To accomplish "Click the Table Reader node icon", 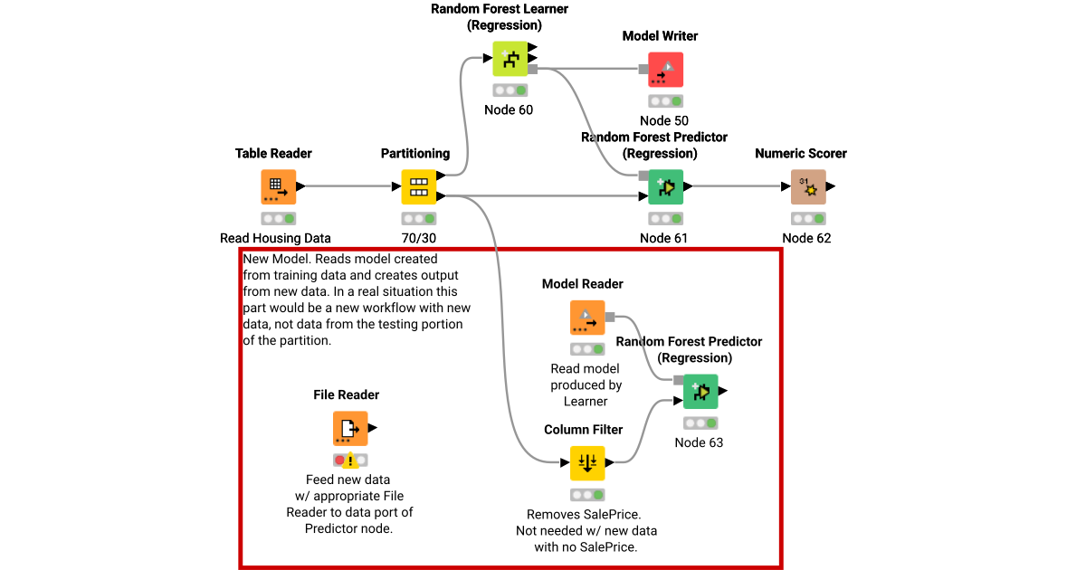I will pos(278,187).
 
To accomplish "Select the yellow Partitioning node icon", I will pos(419,187).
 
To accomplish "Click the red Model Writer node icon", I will pos(665,70).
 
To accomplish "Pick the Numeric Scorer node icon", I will pos(808,187).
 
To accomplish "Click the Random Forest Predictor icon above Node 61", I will pos(665,187).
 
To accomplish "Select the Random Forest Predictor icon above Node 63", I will pos(700,392).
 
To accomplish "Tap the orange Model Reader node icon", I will pos(587,318).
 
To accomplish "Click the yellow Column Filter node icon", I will pos(587,463).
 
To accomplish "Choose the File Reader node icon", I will pos(350,428).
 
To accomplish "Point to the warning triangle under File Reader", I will pos(351,460).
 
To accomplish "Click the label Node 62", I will pos(806,239).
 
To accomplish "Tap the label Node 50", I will pos(663,121).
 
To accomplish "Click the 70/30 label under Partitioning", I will pos(419,239).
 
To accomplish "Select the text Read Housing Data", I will pos(275,239).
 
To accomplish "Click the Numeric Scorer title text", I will pos(801,154).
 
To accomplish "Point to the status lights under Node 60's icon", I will pos(510,90).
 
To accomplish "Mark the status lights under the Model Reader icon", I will pos(587,349).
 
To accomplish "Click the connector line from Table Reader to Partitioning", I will pos(348,187).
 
